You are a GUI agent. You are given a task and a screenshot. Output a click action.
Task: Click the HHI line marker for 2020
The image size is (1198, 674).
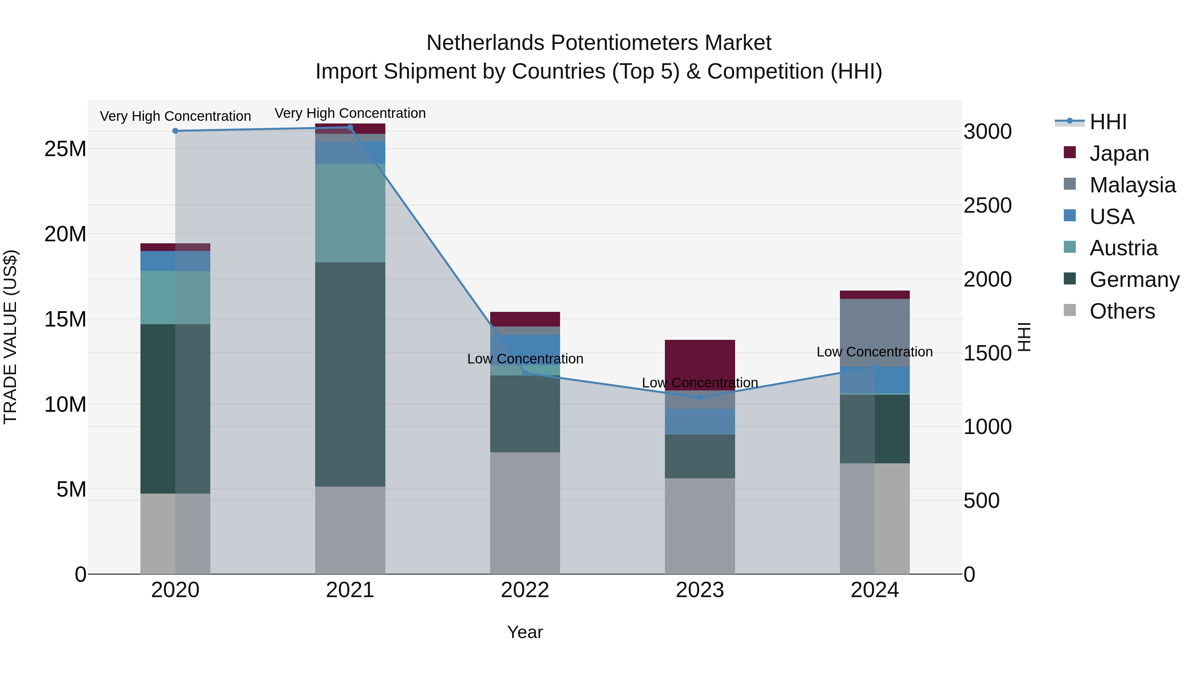[x=175, y=131]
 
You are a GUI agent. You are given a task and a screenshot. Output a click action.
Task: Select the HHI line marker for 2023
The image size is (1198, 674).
[x=700, y=397]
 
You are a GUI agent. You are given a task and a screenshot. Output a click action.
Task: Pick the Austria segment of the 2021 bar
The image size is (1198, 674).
[x=350, y=213]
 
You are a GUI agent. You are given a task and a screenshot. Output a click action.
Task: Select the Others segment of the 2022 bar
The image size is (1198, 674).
[x=525, y=513]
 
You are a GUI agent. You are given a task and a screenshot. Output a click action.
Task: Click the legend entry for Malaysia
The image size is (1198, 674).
[x=1132, y=185]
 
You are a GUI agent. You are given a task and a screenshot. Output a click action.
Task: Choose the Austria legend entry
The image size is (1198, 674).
[x=1123, y=248]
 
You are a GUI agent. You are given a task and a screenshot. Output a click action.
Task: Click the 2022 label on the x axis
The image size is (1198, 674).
[x=525, y=590]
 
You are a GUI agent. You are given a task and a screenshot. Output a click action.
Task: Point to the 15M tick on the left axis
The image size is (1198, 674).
[x=65, y=319]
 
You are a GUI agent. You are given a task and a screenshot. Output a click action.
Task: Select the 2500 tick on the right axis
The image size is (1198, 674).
[x=987, y=205]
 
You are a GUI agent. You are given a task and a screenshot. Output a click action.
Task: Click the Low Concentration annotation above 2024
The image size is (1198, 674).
[x=874, y=352]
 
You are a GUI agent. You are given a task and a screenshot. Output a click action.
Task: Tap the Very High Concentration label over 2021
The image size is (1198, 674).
[x=350, y=113]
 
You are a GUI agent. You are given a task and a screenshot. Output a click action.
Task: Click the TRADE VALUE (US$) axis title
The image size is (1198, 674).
[x=10, y=337]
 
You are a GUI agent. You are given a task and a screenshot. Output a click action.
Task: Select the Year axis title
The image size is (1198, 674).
[x=525, y=632]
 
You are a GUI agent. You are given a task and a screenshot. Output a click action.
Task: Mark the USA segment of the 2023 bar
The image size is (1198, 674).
[x=700, y=421]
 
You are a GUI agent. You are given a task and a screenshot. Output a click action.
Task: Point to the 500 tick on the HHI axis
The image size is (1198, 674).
[x=981, y=501]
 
